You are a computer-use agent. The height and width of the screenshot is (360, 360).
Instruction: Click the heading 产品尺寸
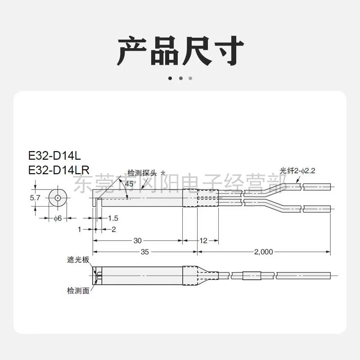point(180,51)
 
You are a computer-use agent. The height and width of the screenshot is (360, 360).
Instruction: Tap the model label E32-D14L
point(54,156)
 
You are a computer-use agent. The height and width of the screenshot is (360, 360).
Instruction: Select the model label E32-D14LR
point(58,170)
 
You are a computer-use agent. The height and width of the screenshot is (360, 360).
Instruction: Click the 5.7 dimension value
point(35,198)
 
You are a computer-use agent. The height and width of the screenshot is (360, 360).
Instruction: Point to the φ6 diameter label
point(58,218)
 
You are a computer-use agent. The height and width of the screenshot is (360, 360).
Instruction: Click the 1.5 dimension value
point(113,218)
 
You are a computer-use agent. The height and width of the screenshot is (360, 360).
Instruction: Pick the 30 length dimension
point(138,241)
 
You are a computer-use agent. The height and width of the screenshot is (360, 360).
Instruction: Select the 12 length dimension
point(203,241)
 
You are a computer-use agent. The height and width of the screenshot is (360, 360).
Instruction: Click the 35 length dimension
point(144,252)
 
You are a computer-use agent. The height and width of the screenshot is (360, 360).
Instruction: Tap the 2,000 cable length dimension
point(264,252)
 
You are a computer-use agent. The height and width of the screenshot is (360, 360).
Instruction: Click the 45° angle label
point(130,184)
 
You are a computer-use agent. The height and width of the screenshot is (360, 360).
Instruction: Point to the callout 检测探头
point(142,173)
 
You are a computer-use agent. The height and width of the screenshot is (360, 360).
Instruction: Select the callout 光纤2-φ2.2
point(297,171)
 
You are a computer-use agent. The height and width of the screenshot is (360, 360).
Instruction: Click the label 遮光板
point(78,260)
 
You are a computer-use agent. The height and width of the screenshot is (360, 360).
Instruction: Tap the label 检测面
point(78,291)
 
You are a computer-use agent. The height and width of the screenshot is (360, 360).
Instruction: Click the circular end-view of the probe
point(58,198)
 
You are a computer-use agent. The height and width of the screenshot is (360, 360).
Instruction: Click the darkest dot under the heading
point(170,78)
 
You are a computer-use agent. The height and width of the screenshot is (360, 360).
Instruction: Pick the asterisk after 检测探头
point(163,173)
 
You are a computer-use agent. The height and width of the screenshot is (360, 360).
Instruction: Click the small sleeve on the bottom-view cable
point(252,275)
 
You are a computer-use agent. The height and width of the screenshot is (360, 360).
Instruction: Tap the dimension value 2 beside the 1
point(114,229)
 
